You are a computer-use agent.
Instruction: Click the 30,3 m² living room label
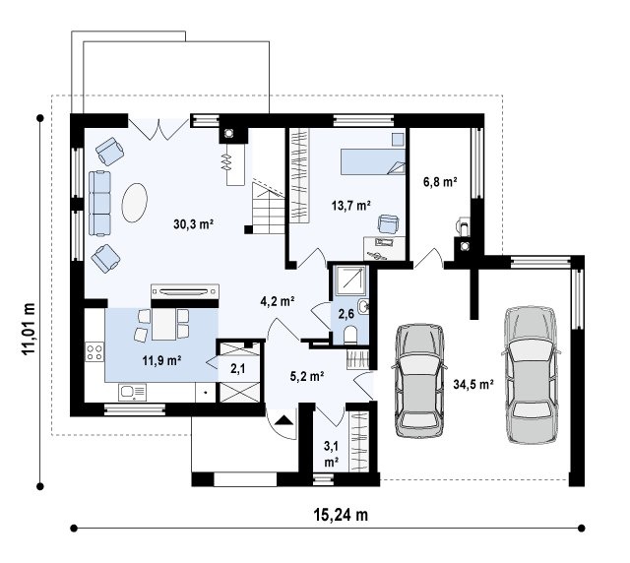point(193,223)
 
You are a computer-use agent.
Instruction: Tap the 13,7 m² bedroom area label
point(350,206)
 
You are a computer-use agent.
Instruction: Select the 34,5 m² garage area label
point(473,385)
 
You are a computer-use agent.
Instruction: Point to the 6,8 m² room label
point(440,182)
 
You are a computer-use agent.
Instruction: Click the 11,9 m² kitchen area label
point(161,360)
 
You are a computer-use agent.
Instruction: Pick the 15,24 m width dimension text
point(341,515)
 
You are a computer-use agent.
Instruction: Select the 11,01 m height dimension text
point(29,329)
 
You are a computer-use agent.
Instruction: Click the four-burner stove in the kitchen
point(94,351)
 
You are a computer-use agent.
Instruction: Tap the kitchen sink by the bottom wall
point(132,392)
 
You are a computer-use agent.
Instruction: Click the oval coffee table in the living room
point(135,203)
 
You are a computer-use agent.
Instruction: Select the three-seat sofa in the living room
point(99,204)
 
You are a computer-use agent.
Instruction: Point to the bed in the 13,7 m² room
point(373,162)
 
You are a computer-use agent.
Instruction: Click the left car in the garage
point(419,380)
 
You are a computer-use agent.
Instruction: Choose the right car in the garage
point(532,375)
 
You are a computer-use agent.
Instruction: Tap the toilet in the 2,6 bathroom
point(350,335)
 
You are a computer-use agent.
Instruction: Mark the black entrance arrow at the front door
point(284,420)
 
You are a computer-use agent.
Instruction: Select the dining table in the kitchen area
point(163,324)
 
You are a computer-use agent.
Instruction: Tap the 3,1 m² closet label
point(331,454)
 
